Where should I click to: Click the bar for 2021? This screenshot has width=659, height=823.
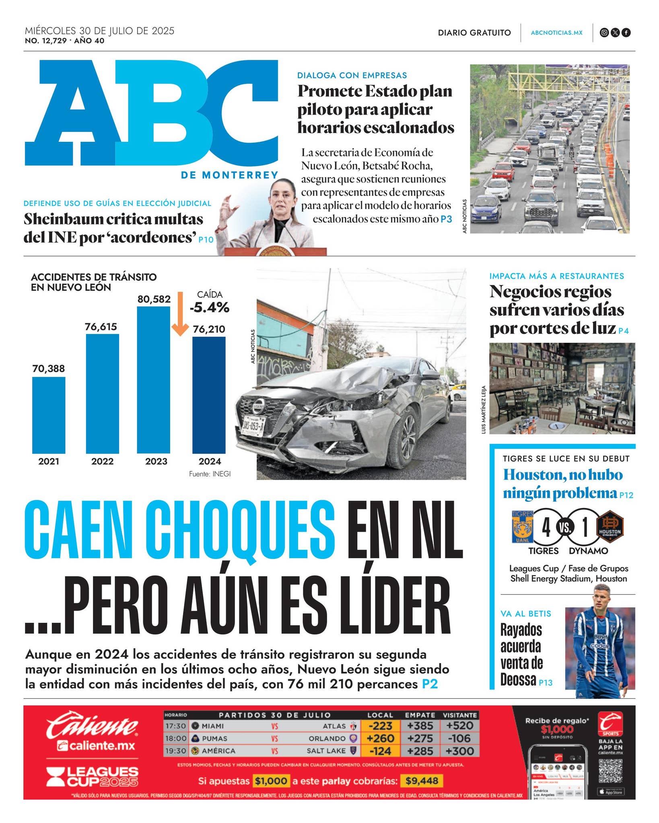(49, 415)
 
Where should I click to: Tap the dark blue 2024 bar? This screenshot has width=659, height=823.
(209, 395)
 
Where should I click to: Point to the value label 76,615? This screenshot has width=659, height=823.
(101, 327)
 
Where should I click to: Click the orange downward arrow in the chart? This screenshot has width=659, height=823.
(180, 314)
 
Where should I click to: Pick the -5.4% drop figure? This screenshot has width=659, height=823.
(210, 308)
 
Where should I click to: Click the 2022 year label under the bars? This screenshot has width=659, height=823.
(102, 461)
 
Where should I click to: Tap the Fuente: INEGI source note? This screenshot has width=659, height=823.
(210, 474)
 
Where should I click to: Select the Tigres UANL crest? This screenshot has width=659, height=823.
(523, 527)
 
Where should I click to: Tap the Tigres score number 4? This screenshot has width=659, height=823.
(546, 527)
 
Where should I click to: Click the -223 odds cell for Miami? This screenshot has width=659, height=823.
(380, 726)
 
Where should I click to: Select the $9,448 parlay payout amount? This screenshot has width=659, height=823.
(422, 781)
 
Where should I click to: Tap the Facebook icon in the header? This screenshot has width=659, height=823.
(626, 33)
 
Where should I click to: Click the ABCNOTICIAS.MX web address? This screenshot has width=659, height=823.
(556, 33)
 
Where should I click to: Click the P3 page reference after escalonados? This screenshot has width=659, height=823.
(446, 219)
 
